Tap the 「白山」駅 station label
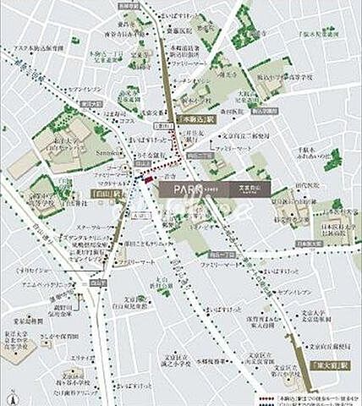(x=104, y=193)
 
